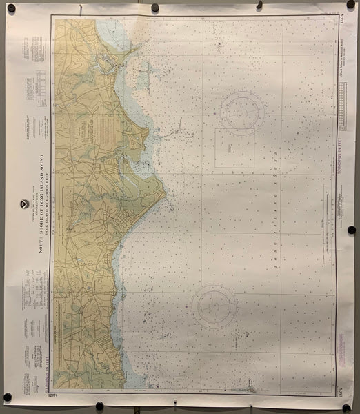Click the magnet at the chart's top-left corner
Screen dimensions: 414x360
click(x=11, y=8)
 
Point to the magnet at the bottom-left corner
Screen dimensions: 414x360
click(x=8, y=397)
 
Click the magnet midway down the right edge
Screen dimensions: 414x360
click(x=351, y=230)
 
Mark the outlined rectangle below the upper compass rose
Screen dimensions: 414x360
click(x=234, y=147)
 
